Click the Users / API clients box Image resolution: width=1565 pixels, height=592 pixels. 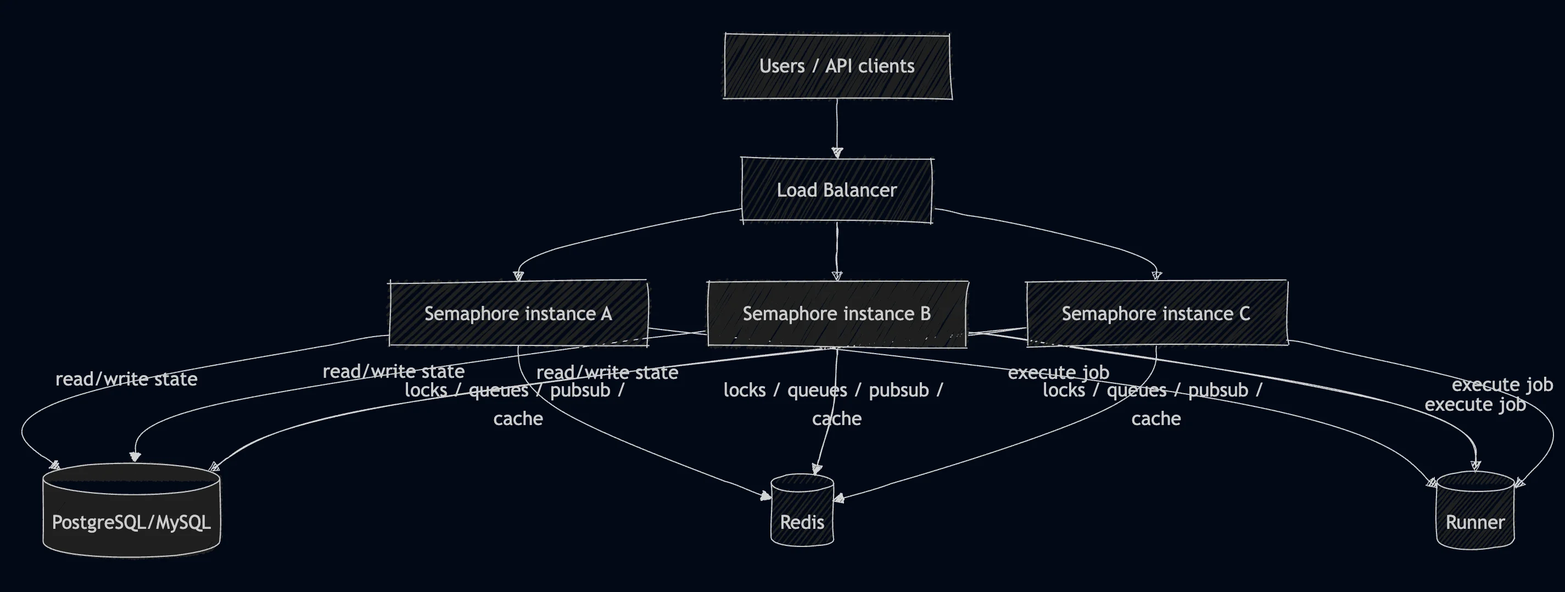(x=837, y=66)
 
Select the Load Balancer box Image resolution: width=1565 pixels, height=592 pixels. (x=836, y=190)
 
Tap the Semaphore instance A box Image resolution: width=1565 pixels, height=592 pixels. (x=518, y=314)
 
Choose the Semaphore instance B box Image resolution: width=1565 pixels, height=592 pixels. (x=836, y=314)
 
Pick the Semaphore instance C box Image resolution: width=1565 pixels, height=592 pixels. (x=1156, y=314)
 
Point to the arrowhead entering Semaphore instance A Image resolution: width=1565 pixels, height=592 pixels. (x=518, y=276)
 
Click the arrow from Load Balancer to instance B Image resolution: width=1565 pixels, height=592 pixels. (x=837, y=249)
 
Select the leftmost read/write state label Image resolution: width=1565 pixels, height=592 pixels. (x=126, y=379)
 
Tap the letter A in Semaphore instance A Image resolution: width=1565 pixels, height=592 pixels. (x=606, y=314)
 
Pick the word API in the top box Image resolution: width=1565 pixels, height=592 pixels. (x=839, y=66)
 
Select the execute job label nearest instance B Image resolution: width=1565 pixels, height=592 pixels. (x=1058, y=372)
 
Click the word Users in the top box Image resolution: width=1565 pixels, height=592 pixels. (x=782, y=66)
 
